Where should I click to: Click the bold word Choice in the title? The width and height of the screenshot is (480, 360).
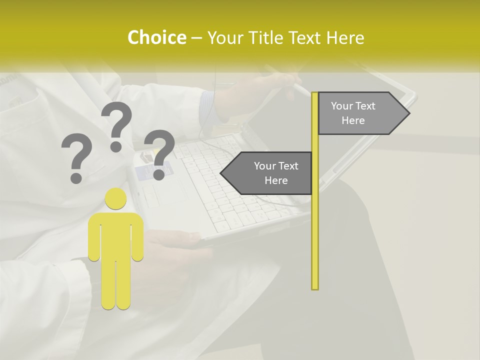point(156,38)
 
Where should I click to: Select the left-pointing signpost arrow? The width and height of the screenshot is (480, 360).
point(267,173)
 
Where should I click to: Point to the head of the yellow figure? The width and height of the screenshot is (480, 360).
point(115,199)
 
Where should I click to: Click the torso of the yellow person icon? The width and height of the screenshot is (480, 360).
point(115,235)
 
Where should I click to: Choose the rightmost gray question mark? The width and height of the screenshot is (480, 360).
point(160,153)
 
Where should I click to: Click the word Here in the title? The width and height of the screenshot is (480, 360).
point(345,38)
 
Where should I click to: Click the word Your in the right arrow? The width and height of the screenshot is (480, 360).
point(342,106)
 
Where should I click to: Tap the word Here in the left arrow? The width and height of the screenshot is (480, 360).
point(276,180)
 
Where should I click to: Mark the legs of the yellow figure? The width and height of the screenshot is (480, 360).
point(115,285)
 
